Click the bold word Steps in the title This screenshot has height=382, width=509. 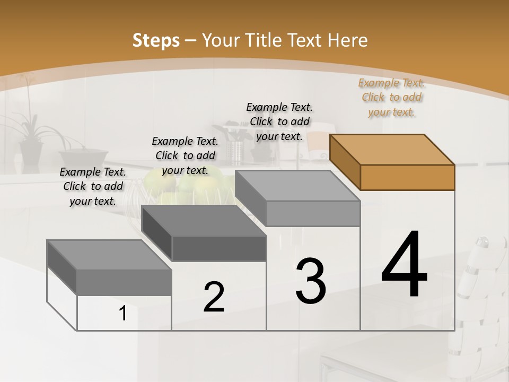click(x=156, y=40)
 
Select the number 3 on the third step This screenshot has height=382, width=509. click(x=311, y=281)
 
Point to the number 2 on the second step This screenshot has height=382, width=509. click(x=214, y=297)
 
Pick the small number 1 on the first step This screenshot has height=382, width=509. click(x=123, y=314)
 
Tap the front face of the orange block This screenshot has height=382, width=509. click(x=407, y=177)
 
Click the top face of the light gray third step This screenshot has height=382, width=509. click(x=297, y=186)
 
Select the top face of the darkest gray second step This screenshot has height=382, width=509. click(x=204, y=220)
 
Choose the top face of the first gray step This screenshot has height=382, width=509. click(x=109, y=255)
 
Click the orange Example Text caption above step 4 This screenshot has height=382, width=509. click(x=392, y=97)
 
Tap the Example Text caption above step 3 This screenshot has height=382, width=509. click(x=280, y=121)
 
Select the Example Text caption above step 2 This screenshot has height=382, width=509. click(x=185, y=155)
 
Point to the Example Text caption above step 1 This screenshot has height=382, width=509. click(x=93, y=186)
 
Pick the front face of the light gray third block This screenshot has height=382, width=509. click(x=313, y=214)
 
